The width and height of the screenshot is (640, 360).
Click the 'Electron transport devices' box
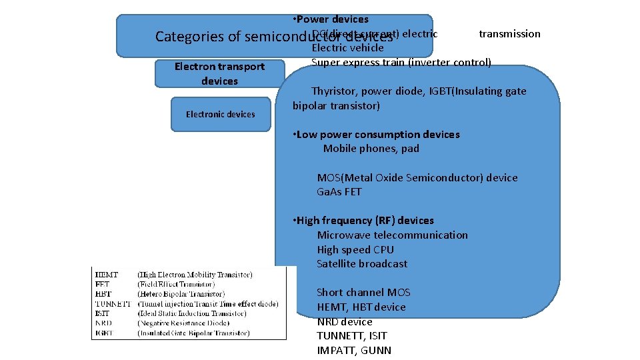[x=219, y=73]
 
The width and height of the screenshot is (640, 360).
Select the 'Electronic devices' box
[x=220, y=114]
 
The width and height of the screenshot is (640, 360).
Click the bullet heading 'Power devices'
[x=333, y=19]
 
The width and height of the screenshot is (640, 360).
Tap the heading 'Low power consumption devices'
[x=377, y=135]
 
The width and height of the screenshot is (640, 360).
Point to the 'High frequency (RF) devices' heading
[x=365, y=221]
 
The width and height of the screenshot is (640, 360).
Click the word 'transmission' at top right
[x=509, y=34]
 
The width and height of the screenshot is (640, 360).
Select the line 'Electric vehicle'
[x=347, y=48]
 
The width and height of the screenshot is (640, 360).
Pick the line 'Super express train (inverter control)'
[x=401, y=63]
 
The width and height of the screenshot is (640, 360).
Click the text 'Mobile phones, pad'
[x=371, y=149]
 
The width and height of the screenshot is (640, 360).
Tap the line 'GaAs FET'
[x=339, y=192]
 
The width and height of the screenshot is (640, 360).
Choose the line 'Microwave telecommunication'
[x=392, y=235]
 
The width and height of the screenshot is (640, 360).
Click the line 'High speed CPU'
[x=355, y=250]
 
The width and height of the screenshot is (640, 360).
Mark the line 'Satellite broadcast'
[x=362, y=264]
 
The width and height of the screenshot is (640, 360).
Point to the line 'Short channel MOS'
[x=363, y=293]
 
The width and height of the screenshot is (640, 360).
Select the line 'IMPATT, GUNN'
[x=354, y=351]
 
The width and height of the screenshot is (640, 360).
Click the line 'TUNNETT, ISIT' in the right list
[x=351, y=336]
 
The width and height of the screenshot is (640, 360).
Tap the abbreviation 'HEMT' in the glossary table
[x=106, y=275]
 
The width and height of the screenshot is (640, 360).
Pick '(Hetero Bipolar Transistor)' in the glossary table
[x=181, y=294]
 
